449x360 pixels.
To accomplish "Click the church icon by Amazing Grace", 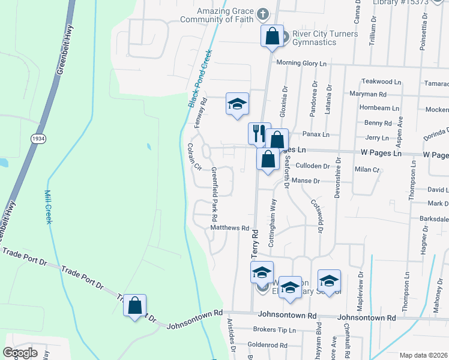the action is click(x=262, y=13).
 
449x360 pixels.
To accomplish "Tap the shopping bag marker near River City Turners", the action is click(x=272, y=35).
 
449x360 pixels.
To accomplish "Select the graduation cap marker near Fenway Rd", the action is click(x=237, y=103).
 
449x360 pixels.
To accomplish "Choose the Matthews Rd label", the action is click(x=230, y=228).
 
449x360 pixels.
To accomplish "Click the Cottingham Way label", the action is click(x=272, y=220).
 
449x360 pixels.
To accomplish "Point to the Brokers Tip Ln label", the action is click(x=275, y=329).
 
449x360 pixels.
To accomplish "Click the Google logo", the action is click(x=20, y=353).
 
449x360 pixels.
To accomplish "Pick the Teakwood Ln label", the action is click(x=381, y=82).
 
